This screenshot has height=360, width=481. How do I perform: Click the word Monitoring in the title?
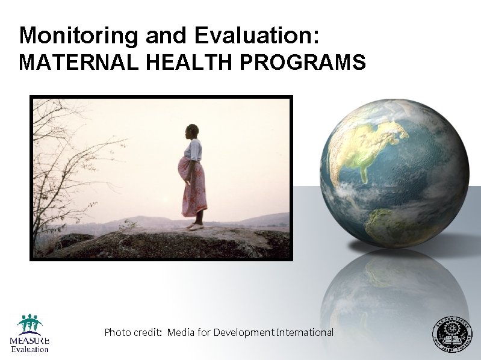click(78, 36)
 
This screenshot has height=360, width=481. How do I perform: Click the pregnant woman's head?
click(192, 131)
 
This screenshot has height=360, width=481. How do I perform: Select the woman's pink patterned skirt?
click(194, 190)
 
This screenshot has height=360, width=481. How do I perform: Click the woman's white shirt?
click(193, 150)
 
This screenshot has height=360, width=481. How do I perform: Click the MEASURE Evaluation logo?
click(29, 334)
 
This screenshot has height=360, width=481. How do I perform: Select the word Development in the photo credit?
click(244, 332)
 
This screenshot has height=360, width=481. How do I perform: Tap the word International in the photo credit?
click(305, 332)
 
